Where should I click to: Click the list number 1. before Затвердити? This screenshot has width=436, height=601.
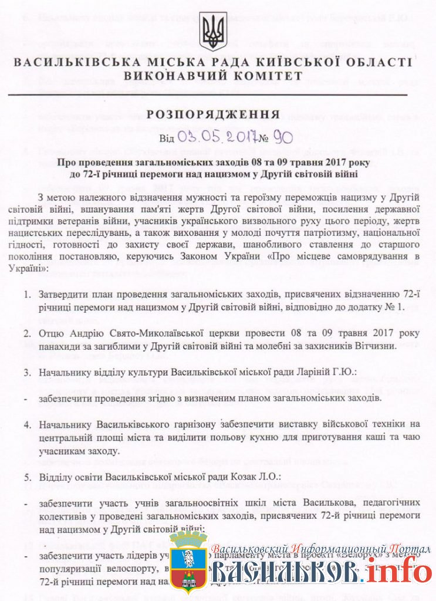tap(28, 294)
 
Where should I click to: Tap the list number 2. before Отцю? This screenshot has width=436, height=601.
tap(28, 333)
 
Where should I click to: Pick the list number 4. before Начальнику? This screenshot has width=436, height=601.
tap(28, 424)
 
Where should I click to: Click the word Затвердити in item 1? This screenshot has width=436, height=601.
tap(66, 294)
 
